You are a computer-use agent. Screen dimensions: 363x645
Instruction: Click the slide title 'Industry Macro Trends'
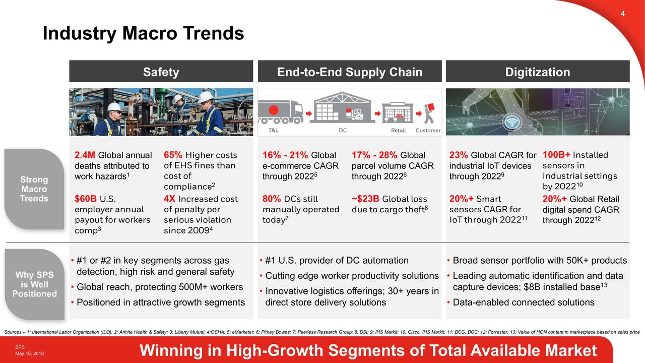(143, 34)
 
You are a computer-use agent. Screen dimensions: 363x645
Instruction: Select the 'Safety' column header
(161, 72)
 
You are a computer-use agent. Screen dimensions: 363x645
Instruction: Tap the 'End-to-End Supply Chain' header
(350, 72)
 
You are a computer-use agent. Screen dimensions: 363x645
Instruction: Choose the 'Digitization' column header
(537, 72)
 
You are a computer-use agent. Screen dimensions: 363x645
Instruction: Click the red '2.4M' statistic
(85, 155)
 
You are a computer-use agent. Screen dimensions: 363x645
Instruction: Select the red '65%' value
(173, 155)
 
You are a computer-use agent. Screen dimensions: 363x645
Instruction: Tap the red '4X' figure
(169, 199)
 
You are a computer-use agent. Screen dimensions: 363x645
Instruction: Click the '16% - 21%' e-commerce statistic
(285, 155)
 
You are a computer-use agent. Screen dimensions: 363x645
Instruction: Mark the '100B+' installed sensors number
(557, 155)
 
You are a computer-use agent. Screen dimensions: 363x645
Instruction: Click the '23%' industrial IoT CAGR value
(459, 155)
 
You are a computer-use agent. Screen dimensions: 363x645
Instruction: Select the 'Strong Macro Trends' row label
(34, 189)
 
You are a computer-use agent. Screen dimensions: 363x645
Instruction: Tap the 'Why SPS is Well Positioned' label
(34, 284)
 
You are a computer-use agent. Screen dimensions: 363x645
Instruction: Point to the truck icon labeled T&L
(280, 112)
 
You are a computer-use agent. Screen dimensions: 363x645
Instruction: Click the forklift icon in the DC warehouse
(358, 114)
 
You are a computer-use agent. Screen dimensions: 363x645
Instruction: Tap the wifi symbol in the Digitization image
(512, 123)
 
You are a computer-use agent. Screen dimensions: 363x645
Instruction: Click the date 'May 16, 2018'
(29, 353)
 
